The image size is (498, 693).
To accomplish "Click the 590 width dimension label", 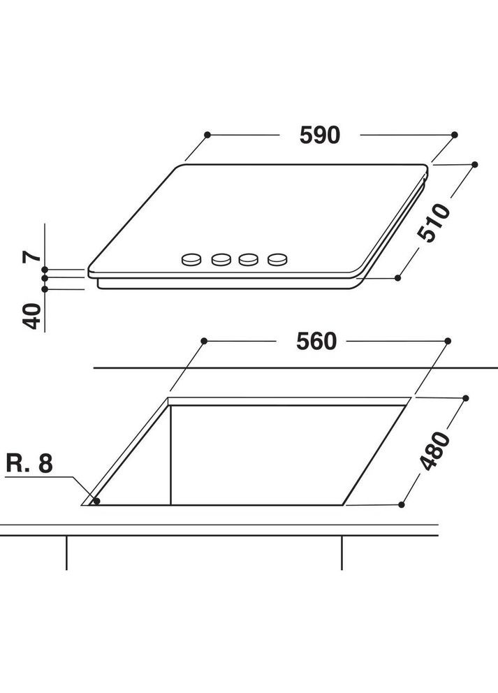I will tap(319, 134).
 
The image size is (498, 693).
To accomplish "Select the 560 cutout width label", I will tap(316, 341).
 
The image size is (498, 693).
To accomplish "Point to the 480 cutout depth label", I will tap(437, 451).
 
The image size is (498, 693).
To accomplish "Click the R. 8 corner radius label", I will tap(29, 464).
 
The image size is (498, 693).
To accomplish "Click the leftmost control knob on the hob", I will tap(190, 260).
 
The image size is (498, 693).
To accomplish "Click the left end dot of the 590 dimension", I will tap(207, 134).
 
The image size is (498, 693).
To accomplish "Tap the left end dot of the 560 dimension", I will tap(204, 341).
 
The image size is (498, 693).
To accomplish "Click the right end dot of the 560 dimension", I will tap(448, 341).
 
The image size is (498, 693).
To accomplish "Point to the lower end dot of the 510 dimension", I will tap(397, 277).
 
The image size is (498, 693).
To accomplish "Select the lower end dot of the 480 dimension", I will tap(402, 504).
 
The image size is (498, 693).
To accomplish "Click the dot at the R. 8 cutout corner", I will tap(96, 501).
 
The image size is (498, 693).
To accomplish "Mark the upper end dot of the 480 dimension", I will tap(466, 396).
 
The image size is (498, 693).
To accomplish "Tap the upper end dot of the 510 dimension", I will tap(475, 164).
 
